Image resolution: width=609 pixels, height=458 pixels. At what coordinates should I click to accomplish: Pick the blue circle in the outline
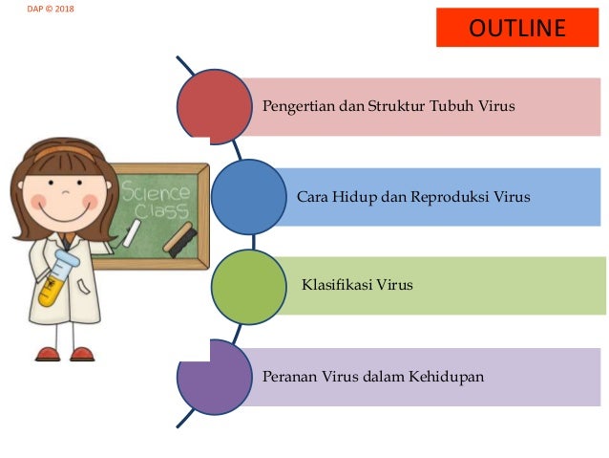(248, 197)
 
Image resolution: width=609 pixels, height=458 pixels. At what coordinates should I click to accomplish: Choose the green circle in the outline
(248, 285)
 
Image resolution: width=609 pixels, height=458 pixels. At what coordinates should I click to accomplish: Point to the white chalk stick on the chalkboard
(131, 231)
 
